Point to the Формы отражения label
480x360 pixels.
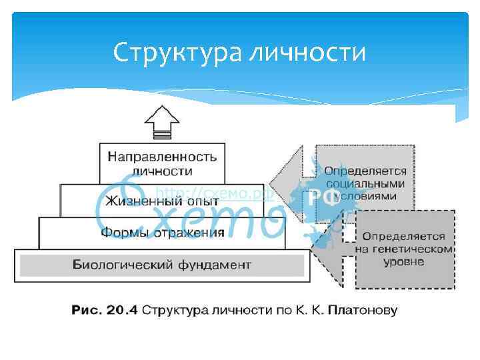[162, 233]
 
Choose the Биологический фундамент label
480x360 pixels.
[162, 265]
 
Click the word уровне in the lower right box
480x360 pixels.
[403, 261]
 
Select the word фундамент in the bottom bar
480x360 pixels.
[215, 265]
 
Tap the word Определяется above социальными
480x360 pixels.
[365, 172]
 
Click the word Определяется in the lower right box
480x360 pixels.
[403, 237]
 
